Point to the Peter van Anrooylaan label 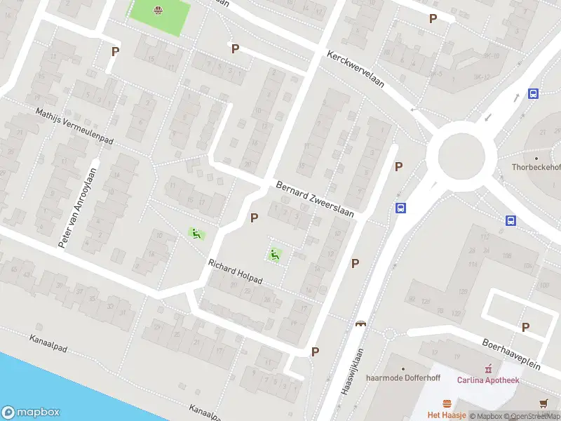(x=76, y=206)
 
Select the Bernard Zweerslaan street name (x=315, y=200)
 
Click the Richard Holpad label (x=235, y=272)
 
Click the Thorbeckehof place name (x=536, y=167)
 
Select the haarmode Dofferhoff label (x=403, y=379)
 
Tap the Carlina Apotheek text (x=488, y=380)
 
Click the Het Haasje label (x=447, y=415)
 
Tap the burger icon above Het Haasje (x=447, y=403)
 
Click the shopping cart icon (x=544, y=403)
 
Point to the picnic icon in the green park (x=158, y=10)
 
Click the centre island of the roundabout (x=461, y=156)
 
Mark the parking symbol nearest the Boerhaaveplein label (x=525, y=326)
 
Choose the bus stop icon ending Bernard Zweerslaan (x=400, y=208)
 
